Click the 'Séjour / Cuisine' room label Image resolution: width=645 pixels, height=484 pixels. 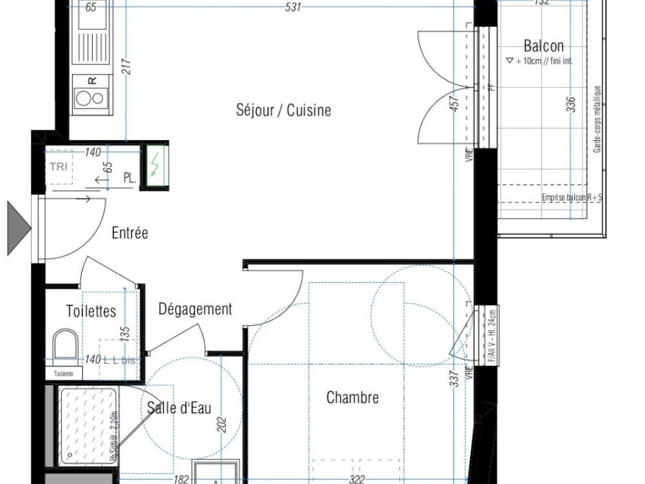pos(283,110)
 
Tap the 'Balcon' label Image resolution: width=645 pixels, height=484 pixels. pos(543,46)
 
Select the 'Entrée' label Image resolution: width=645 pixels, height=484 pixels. pos(130,233)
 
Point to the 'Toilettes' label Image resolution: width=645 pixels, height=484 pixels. pos(91,311)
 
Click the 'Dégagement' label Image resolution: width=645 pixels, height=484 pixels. pos(196,309)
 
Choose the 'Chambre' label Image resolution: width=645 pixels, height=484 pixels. pos(352,397)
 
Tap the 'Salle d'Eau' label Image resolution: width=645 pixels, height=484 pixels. pos(179,408)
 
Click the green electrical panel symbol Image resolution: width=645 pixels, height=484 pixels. pos(155,165)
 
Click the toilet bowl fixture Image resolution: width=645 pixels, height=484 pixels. pos(66,343)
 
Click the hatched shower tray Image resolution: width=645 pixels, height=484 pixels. pos(88,424)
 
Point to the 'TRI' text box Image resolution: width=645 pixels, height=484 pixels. pos(59,166)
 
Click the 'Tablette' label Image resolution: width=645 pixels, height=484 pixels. pos(64,374)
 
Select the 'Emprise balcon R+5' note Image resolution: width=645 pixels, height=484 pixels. pos(572,198)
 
